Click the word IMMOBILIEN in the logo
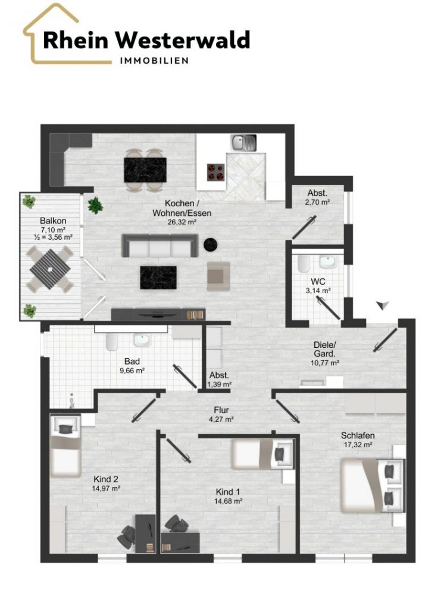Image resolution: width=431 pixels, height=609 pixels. pyautogui.click(x=154, y=61)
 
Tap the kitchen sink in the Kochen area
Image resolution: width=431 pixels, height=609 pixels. pyautogui.click(x=243, y=143)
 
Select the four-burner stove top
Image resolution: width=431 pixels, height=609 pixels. pyautogui.click(x=215, y=172)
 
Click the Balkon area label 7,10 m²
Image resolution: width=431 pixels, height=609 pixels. pyautogui.click(x=52, y=230)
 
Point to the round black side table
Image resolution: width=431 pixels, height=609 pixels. pyautogui.click(x=210, y=244)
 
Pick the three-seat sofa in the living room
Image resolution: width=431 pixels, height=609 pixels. pyautogui.click(x=159, y=246)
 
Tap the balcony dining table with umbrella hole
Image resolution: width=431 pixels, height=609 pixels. pyautogui.click(x=50, y=269)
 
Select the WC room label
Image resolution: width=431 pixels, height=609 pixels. pyautogui.click(x=318, y=281)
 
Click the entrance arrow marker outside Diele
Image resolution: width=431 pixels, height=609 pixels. pyautogui.click(x=383, y=306)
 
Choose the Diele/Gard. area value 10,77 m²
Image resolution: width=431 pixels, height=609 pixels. pyautogui.click(x=325, y=363)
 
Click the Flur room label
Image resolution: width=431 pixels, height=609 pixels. pyautogui.click(x=221, y=410)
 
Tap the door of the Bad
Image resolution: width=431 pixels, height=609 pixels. pyautogui.click(x=185, y=376)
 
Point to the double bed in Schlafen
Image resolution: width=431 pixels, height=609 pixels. pyautogui.click(x=372, y=485)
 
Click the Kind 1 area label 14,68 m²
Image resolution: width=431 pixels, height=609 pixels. pyautogui.click(x=229, y=501)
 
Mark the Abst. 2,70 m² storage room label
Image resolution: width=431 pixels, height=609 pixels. pyautogui.click(x=317, y=197)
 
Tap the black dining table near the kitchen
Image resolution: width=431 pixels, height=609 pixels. pyautogui.click(x=145, y=169)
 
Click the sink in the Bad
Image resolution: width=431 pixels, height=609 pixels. pyautogui.click(x=142, y=340)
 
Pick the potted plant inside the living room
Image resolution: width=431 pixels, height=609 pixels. pyautogui.click(x=95, y=205)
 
